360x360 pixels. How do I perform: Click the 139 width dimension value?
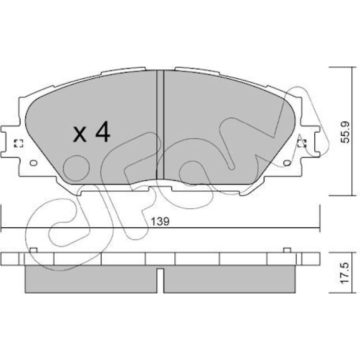[160, 222]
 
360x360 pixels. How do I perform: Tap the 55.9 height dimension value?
[345, 132]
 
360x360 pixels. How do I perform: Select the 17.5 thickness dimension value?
[345, 273]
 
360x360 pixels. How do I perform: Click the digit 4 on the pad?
[103, 132]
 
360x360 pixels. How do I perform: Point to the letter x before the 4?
[80, 135]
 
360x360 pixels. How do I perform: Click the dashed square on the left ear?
[19, 143]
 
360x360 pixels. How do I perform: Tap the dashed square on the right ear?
[302, 143]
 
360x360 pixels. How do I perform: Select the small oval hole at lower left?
[33, 163]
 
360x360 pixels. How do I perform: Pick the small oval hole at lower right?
[287, 163]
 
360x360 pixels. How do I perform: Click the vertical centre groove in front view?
[160, 124]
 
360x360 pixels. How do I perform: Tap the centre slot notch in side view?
[160, 280]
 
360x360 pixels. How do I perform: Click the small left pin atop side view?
[33, 250]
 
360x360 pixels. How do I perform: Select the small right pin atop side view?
[287, 250]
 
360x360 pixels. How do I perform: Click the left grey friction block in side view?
[91, 279]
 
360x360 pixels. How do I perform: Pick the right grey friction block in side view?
[229, 279]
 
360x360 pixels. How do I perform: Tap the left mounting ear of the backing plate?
[10, 142]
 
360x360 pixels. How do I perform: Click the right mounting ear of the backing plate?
[310, 142]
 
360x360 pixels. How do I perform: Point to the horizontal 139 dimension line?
[160, 228]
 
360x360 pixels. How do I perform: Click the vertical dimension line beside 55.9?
[352, 131]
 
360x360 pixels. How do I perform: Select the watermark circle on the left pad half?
[76, 168]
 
